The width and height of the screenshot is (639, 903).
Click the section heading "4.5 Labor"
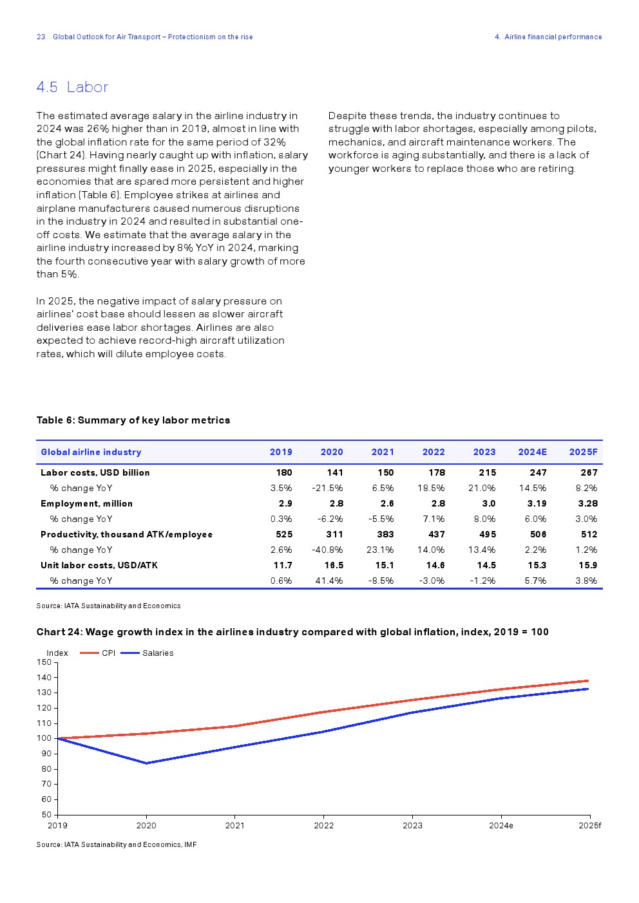tap(72, 87)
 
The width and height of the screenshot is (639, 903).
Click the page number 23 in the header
tap(41, 37)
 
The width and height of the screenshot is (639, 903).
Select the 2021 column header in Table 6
tap(383, 452)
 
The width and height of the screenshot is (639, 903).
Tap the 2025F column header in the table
tap(583, 452)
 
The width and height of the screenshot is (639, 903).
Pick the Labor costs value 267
tap(589, 472)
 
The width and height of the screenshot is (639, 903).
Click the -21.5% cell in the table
tap(327, 488)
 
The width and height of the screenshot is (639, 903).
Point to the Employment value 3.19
tap(537, 503)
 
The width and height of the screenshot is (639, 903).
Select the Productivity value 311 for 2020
tap(334, 534)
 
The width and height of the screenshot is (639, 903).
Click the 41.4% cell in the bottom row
tap(329, 581)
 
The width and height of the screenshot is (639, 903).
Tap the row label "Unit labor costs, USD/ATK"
tap(99, 565)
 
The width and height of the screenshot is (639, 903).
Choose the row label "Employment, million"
tap(86, 503)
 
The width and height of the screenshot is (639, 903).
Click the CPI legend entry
tap(108, 653)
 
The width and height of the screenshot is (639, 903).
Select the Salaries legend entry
tap(157, 653)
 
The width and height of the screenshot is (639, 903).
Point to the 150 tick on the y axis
tap(44, 662)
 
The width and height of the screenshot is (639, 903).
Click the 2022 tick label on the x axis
tap(323, 825)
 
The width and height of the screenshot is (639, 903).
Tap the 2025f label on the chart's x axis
tap(589, 825)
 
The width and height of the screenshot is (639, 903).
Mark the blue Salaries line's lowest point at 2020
tap(146, 763)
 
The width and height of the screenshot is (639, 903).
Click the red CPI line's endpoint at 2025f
tap(588, 680)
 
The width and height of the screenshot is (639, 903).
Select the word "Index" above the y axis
tap(57, 653)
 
